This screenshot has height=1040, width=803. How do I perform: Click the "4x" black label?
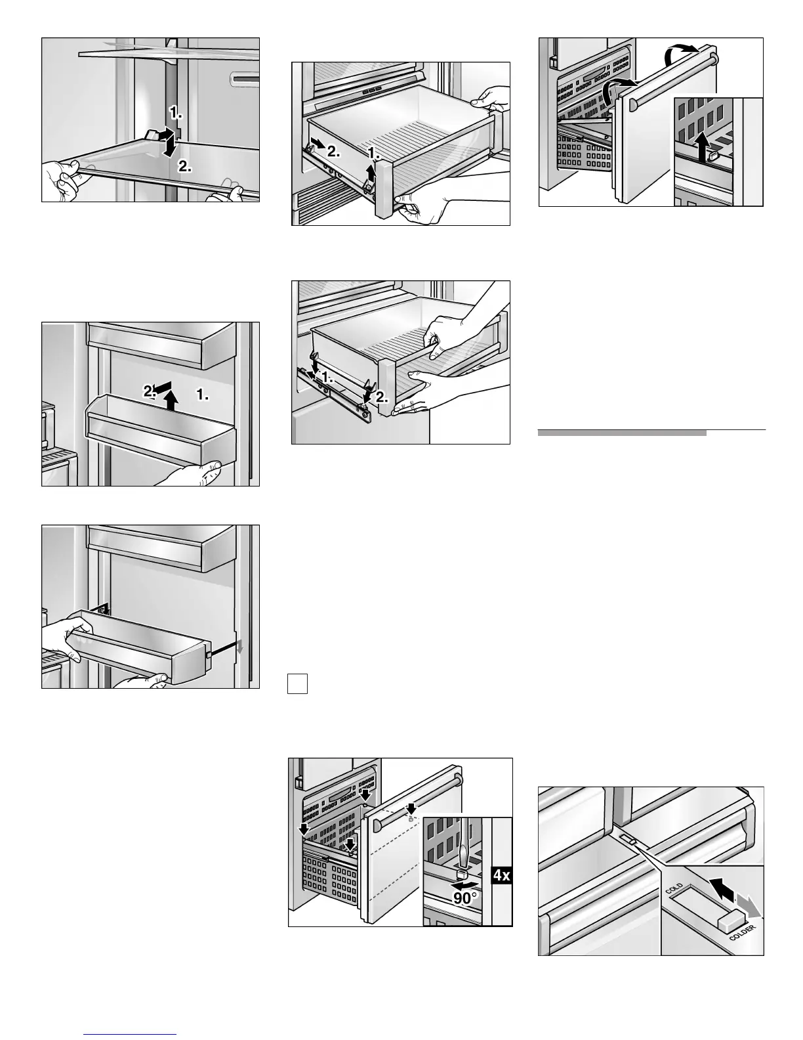(501, 875)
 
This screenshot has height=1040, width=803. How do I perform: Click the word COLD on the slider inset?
(674, 890)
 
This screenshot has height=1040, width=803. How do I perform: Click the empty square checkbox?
(297, 684)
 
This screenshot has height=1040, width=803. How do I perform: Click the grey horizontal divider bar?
(622, 433)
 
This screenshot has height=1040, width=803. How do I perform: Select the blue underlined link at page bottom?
(131, 1035)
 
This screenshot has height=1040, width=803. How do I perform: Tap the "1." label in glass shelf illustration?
(176, 113)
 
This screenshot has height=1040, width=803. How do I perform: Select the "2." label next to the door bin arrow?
(150, 391)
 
